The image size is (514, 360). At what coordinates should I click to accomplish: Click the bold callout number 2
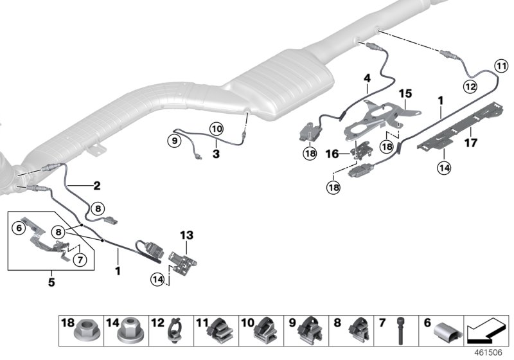pos(96,186)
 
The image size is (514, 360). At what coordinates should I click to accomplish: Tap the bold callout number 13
pos(187,236)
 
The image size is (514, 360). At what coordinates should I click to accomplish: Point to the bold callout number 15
pos(367,78)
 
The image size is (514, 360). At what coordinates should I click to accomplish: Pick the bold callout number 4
pos(367,78)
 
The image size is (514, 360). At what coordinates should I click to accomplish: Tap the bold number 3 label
pos(217,154)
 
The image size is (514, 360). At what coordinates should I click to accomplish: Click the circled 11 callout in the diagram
pos(501,64)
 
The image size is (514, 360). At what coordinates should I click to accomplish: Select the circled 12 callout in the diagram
pos(470,86)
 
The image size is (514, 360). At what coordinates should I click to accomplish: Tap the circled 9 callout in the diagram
pos(174,139)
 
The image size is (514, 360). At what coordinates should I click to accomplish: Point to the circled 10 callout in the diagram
pos(215,129)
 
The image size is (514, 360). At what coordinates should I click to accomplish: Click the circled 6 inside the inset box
pos(19,227)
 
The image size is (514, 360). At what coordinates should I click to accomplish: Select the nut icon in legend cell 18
pos(84,332)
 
